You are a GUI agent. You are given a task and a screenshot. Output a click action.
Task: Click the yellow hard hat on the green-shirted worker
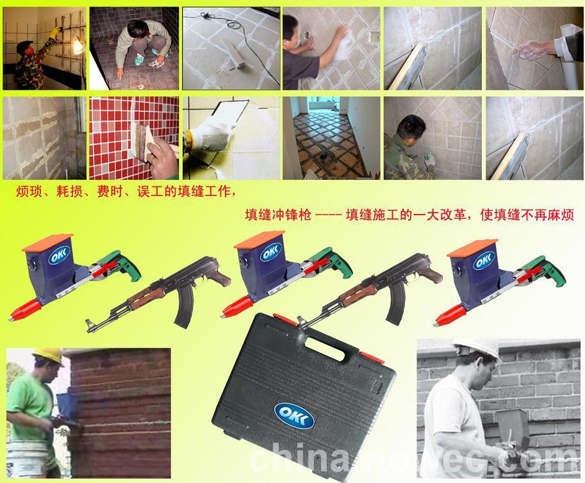(48, 357)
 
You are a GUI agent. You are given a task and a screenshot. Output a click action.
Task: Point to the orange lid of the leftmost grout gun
(48, 242)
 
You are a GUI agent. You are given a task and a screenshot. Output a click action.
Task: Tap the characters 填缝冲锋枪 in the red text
(278, 215)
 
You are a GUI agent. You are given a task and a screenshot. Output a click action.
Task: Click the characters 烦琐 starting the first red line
(29, 192)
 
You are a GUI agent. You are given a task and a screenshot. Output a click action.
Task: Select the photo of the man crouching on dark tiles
(134, 48)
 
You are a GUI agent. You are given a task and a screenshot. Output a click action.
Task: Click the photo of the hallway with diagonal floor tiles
(331, 138)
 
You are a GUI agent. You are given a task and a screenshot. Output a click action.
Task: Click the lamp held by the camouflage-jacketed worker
(77, 46)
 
